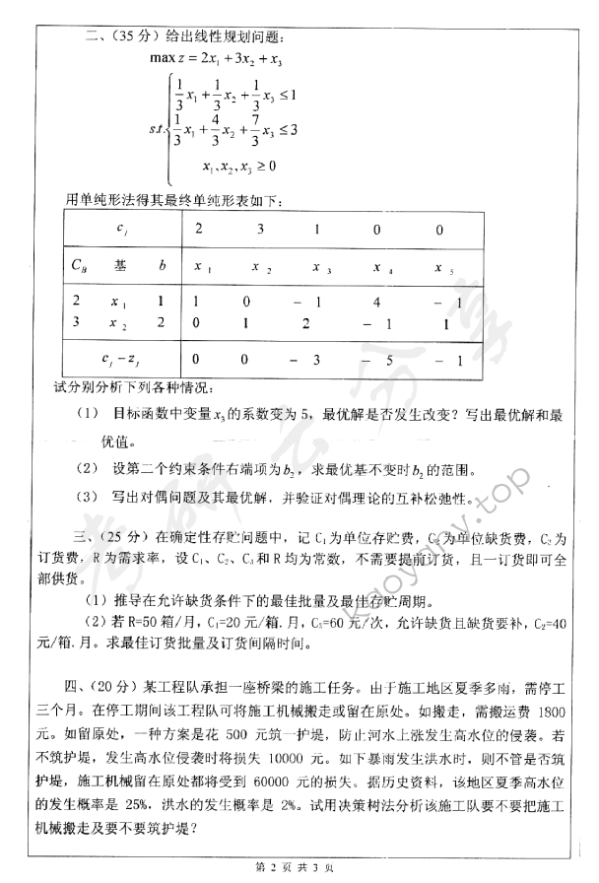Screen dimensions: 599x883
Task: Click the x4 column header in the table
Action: click(x=378, y=267)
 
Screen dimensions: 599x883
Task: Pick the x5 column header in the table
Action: click(x=443, y=267)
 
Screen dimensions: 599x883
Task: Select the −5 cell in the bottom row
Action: click(x=378, y=360)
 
